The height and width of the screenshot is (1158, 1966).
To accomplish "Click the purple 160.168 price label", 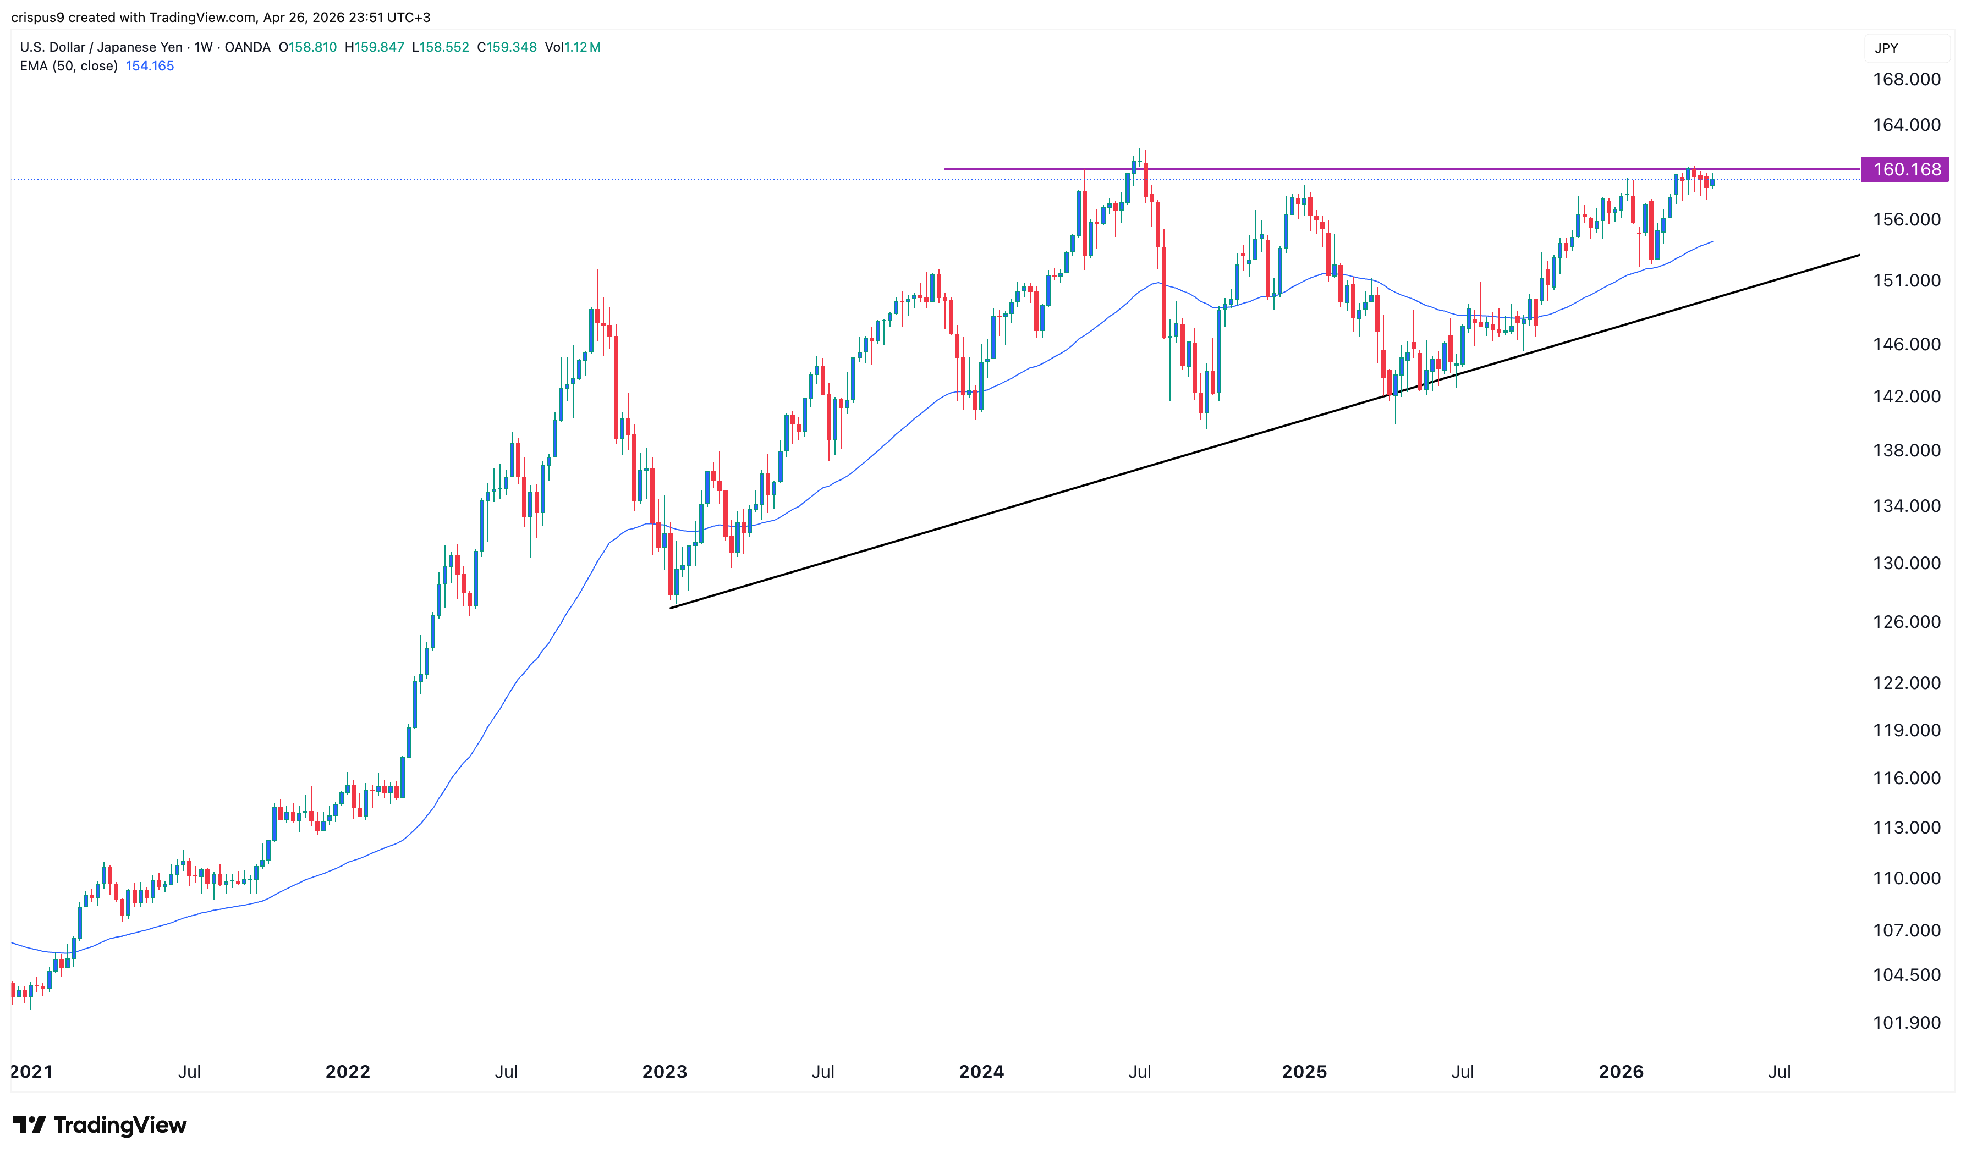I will coord(1905,169).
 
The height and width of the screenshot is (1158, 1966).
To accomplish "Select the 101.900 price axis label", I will coord(1905,1023).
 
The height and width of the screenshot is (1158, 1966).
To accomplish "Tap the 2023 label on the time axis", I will coord(664,1071).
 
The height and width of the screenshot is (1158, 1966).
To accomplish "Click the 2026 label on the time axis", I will coord(1620,1071).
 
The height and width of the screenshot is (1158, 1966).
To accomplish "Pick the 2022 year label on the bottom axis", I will coord(347,1071).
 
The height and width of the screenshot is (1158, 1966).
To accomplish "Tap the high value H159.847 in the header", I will coord(375,47).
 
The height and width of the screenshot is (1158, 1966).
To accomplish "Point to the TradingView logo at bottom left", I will coord(100,1124).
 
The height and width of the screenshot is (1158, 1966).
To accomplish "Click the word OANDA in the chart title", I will coord(248,47).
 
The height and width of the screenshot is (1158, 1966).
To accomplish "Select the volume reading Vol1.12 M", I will coord(572,47).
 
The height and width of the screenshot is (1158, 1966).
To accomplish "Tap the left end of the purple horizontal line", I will coord(945,169).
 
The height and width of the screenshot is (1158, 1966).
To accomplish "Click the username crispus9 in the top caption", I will coord(37,17).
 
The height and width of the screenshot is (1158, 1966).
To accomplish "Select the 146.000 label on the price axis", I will coord(1905,344).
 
